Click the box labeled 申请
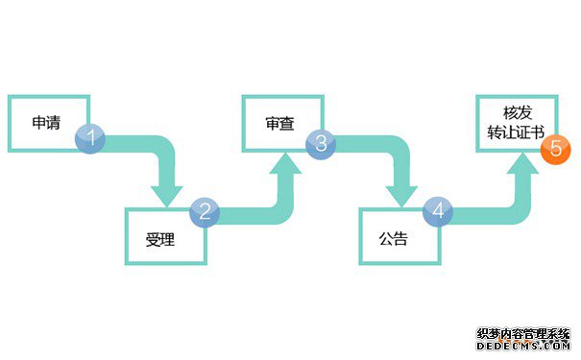click(48, 123)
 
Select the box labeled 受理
click(165, 235)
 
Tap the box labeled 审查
click(280, 123)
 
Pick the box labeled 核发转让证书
click(516, 123)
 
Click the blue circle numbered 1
click(91, 137)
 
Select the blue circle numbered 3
click(321, 143)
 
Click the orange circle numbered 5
click(555, 150)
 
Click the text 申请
click(46, 123)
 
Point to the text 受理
click(160, 239)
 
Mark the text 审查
click(279, 125)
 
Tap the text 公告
click(394, 239)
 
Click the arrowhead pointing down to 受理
click(167, 192)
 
